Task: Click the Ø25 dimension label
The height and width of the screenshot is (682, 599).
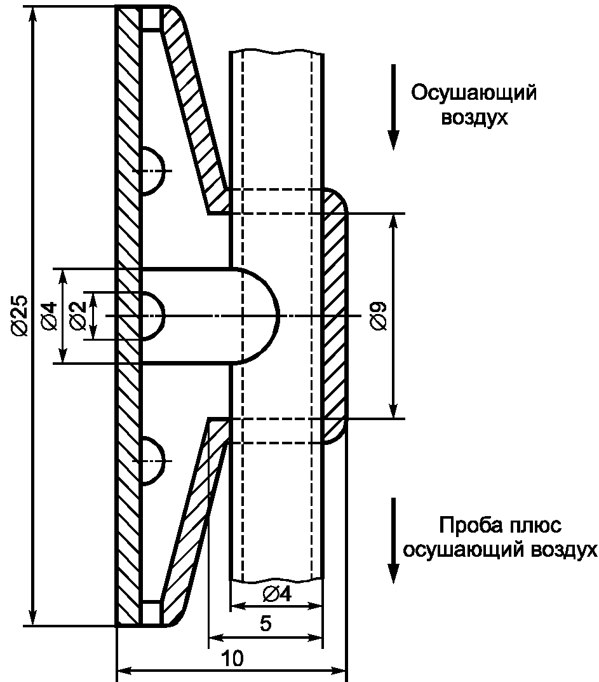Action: point(19,315)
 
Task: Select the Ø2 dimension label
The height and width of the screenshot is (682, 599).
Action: point(78,315)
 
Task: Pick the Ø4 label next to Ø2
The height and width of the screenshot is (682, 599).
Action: point(49,315)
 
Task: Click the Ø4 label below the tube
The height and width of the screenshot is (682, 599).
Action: point(276,594)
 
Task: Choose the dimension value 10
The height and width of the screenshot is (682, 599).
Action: point(233,658)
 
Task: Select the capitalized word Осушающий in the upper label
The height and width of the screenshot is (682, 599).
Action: point(474,93)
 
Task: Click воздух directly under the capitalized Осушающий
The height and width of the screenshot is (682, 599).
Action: point(474,118)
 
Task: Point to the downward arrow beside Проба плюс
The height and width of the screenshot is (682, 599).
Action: point(394,540)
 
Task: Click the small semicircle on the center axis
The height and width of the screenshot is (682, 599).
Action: point(151,316)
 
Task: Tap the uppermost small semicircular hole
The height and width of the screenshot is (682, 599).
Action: point(151,170)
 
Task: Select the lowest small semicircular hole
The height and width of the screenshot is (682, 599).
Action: point(151,460)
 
